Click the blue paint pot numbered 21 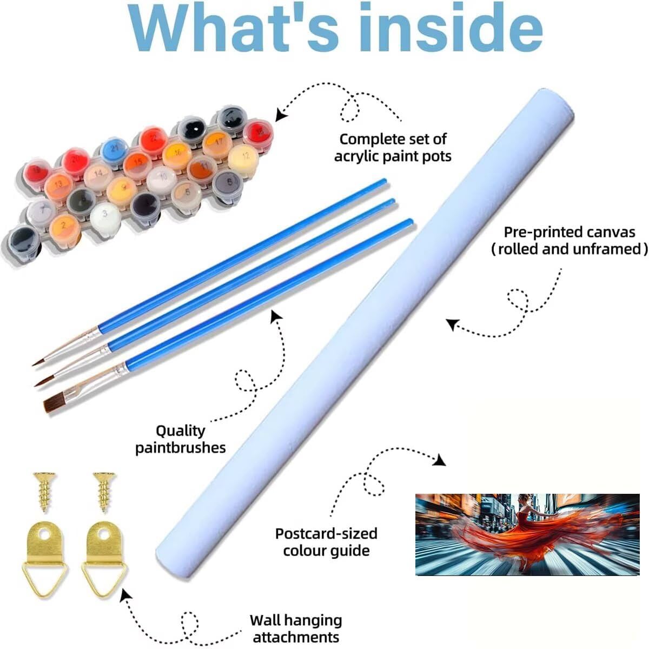(x=115, y=149)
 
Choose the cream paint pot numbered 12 (x=243, y=158)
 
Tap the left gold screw (x=44, y=492)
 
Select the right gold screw (x=104, y=492)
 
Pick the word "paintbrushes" (x=181, y=448)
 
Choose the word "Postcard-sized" (x=326, y=534)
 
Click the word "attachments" (x=296, y=637)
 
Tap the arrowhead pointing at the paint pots (x=281, y=115)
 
